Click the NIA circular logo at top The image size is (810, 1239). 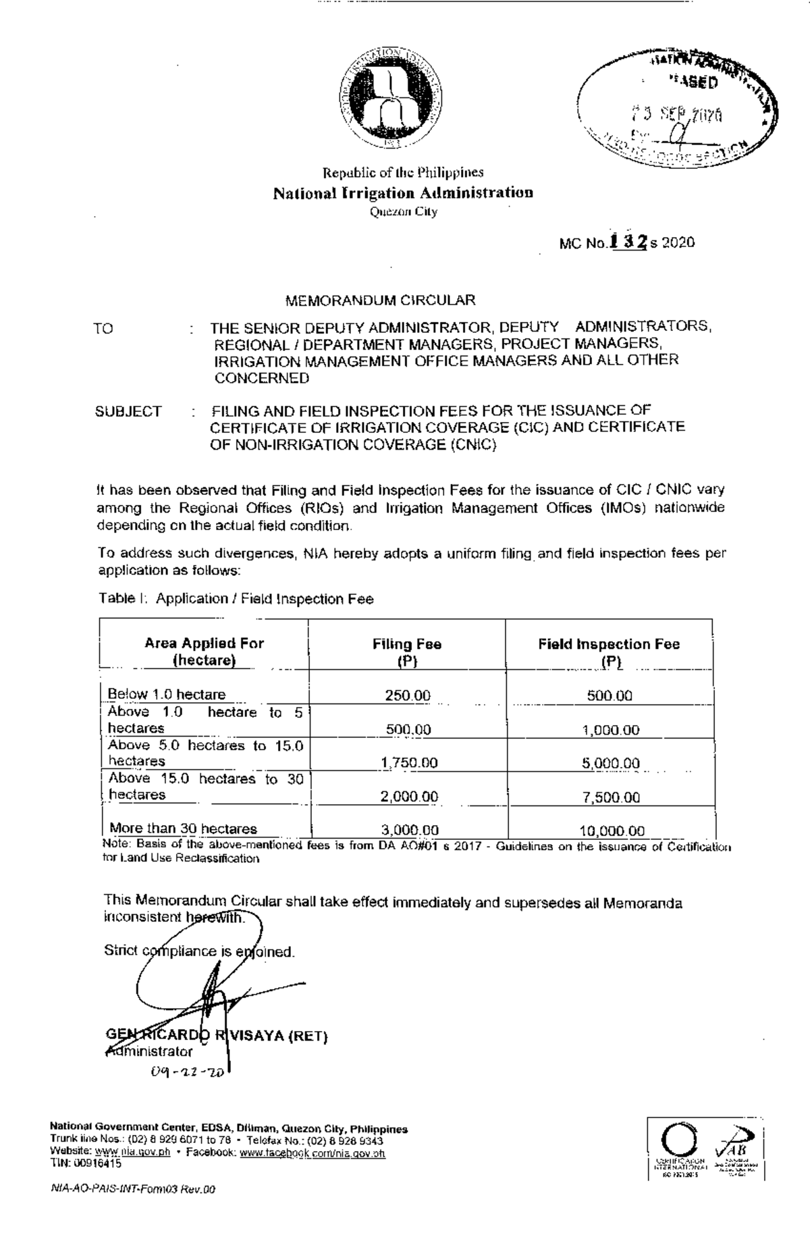391,99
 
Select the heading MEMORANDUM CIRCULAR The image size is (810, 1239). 380,300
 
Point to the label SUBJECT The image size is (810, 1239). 128,411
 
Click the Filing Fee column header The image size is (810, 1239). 406,652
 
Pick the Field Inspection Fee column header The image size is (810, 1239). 609,652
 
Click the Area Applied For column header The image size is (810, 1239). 204,652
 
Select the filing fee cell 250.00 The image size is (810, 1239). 408,695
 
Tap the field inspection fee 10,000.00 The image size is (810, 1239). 612,831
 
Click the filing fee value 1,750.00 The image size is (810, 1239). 409,763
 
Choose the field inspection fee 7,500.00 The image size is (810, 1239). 611,797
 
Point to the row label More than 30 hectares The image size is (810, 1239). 183,828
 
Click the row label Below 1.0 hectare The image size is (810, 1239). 167,694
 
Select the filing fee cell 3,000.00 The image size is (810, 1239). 409,830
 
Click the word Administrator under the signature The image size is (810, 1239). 149,1051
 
